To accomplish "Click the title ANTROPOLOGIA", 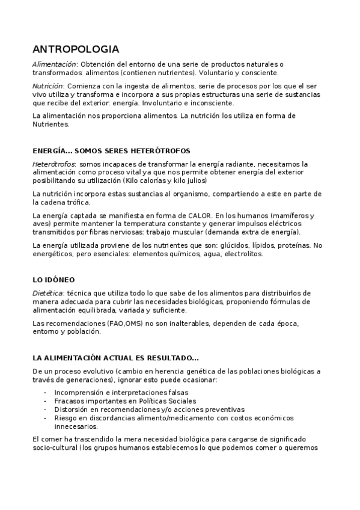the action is click(x=75, y=49).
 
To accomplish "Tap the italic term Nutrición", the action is click(x=47, y=86).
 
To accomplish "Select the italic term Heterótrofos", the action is click(x=53, y=164).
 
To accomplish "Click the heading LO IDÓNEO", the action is click(x=53, y=280).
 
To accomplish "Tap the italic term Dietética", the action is click(x=46, y=293).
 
